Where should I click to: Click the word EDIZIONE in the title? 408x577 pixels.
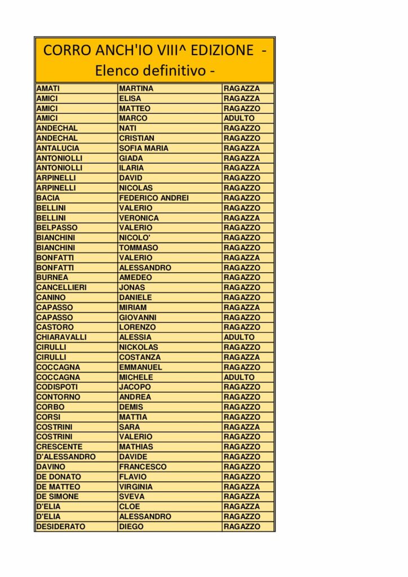tap(223, 50)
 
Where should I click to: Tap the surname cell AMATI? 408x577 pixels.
tap(48, 88)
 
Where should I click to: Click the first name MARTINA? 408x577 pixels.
tap(136, 88)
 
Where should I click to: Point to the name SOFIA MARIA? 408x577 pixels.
tap(143, 148)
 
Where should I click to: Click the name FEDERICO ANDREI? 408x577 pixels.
tap(153, 198)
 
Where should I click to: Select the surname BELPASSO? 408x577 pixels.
tap(57, 228)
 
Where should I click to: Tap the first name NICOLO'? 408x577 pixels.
tap(135, 238)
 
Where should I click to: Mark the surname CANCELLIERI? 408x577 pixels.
tap(61, 287)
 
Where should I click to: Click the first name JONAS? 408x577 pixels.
tap(132, 287)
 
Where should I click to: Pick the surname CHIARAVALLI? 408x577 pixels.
tap(61, 337)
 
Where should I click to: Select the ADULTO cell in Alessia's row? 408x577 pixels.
tap(239, 337)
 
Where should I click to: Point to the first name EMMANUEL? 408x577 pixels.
tap(140, 367)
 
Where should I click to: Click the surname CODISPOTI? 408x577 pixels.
tap(57, 387)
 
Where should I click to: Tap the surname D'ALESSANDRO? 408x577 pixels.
tap(66, 456)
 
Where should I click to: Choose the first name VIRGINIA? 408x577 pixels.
tap(135, 486)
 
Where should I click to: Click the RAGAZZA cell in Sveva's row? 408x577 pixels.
tap(242, 496)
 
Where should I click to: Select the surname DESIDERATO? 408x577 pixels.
tap(61, 526)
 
